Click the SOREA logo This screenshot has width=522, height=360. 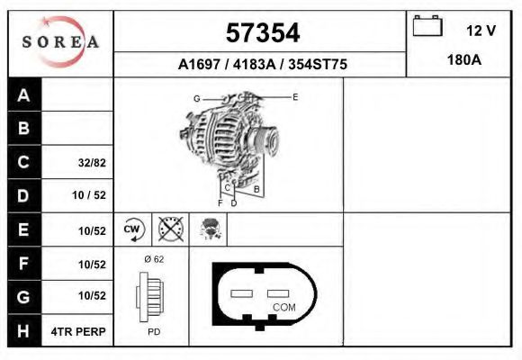coord(60,41)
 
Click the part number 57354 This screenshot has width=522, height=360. coord(260,33)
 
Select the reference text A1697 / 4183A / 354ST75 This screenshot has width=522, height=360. coord(260,65)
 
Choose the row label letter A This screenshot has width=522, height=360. coord(24,95)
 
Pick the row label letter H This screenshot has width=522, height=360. coord(24,331)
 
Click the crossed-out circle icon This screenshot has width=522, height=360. coord(170,229)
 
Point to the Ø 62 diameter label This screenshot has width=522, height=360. coord(152,258)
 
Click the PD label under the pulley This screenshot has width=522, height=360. coord(153,332)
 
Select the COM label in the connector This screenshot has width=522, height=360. coord(283,307)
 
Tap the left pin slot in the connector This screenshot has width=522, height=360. coord(243,293)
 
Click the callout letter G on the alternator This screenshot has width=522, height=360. coord(196,98)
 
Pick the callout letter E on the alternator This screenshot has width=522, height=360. coord(294,96)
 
